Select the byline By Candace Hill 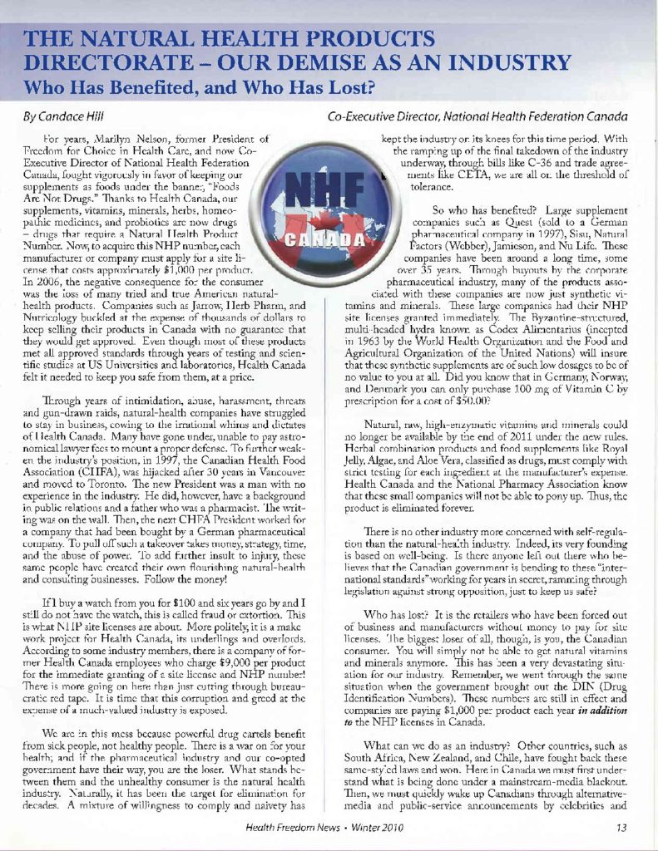[62, 116]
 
